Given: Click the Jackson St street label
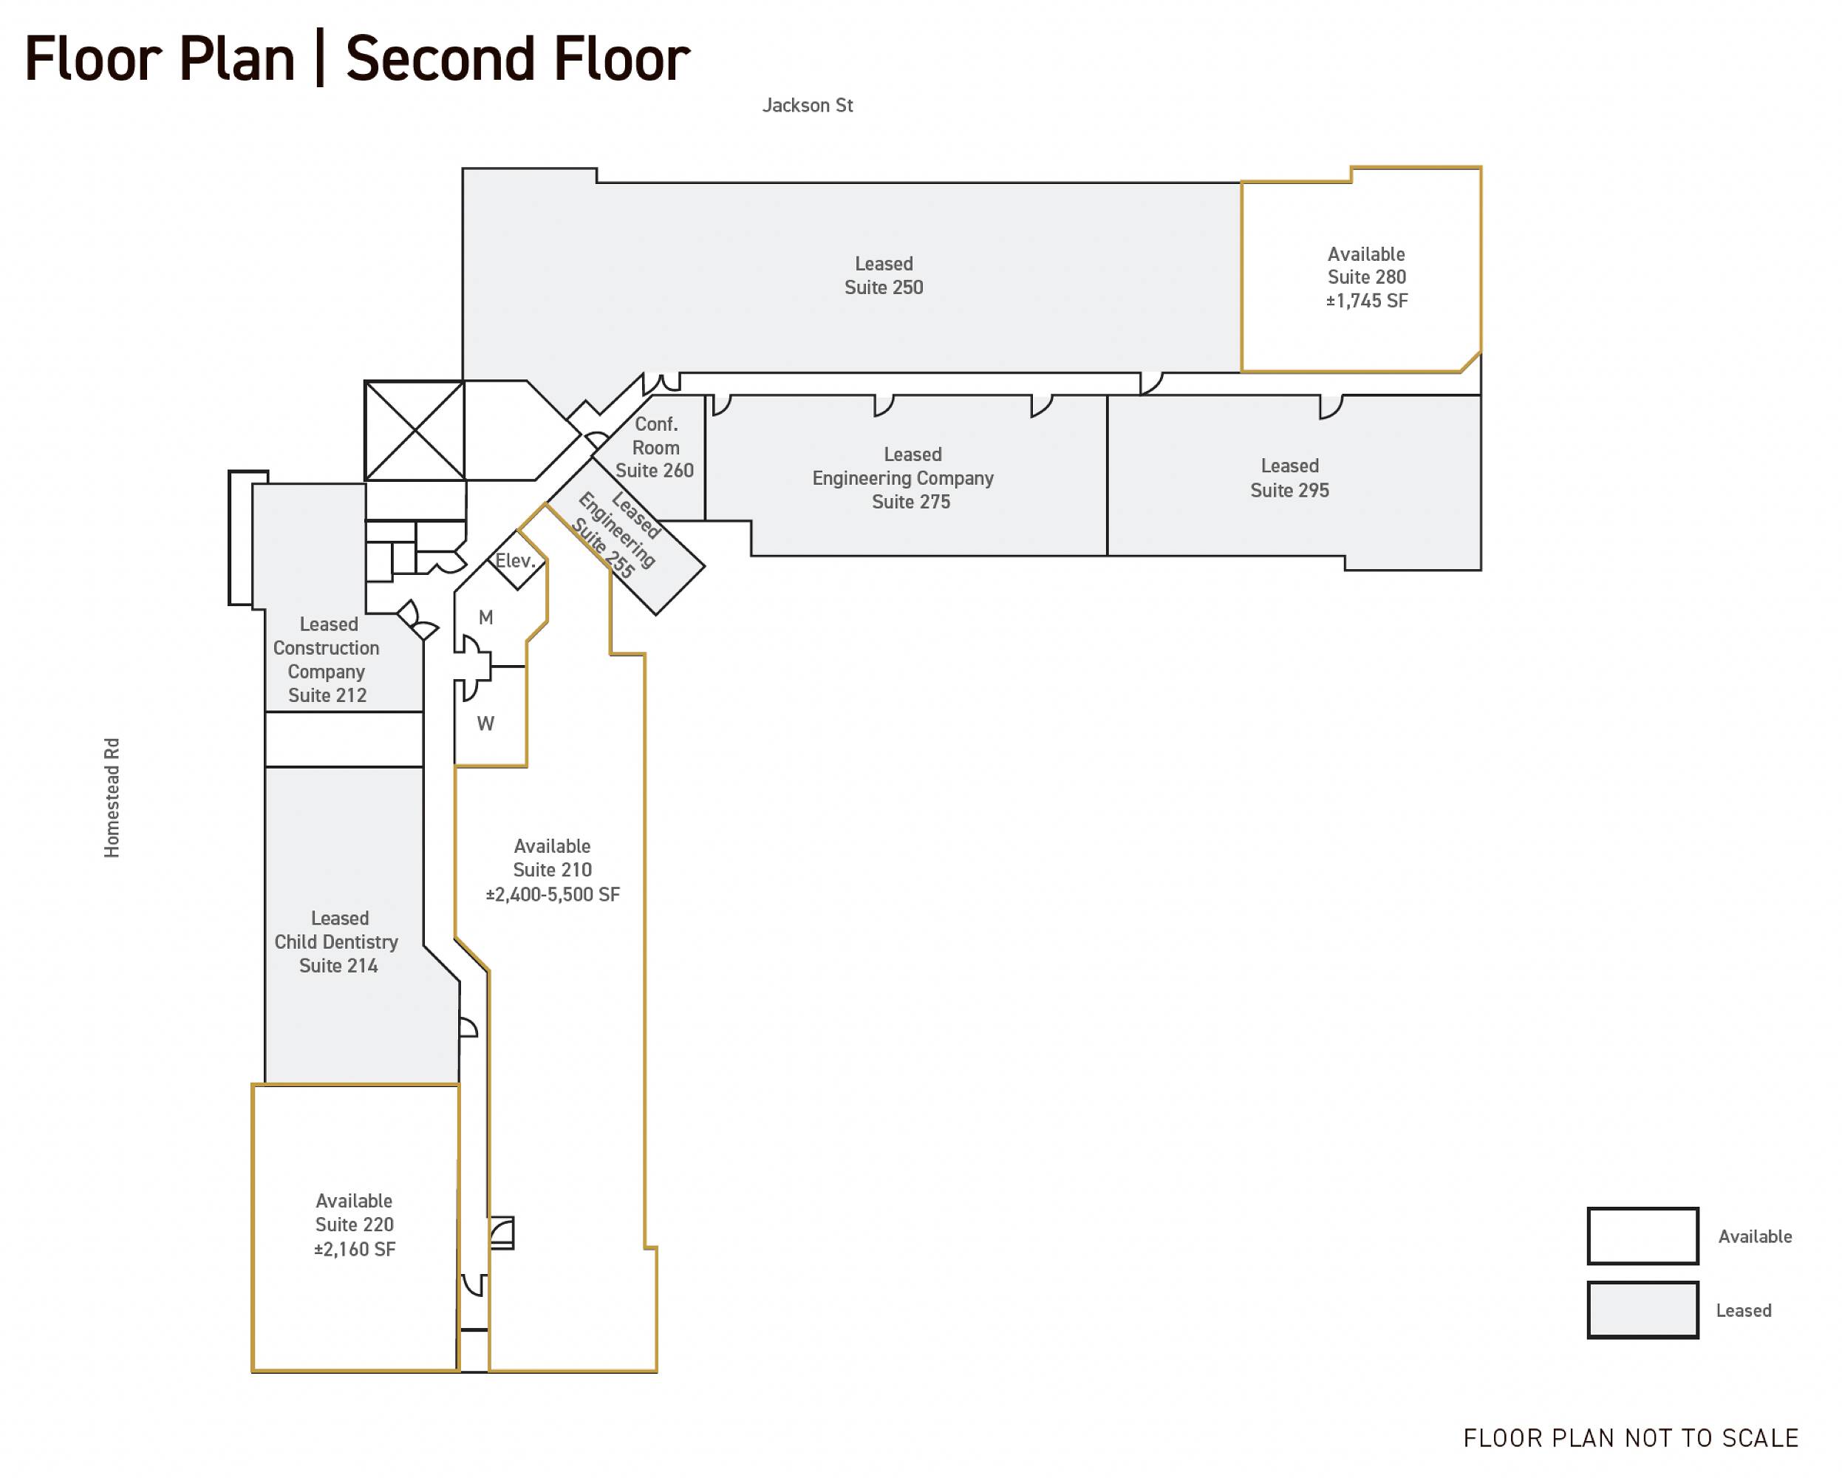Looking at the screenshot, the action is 808,105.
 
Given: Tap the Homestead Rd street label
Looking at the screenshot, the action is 112,798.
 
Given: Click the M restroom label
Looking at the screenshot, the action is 486,617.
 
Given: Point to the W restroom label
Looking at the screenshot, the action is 485,723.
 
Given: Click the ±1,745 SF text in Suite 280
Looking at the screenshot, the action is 1367,301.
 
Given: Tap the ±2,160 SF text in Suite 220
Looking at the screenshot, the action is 355,1249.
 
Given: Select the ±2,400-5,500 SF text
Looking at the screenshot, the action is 553,894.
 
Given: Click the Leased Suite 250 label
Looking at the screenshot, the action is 884,276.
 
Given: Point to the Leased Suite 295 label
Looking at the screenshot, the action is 1290,477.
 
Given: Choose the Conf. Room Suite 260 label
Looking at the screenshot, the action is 655,447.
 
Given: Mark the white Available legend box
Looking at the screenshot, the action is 1642,1236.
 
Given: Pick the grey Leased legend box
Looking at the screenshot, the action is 1642,1310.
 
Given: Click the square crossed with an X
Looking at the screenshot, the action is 415,431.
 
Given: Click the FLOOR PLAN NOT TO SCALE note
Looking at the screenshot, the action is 1631,1439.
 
